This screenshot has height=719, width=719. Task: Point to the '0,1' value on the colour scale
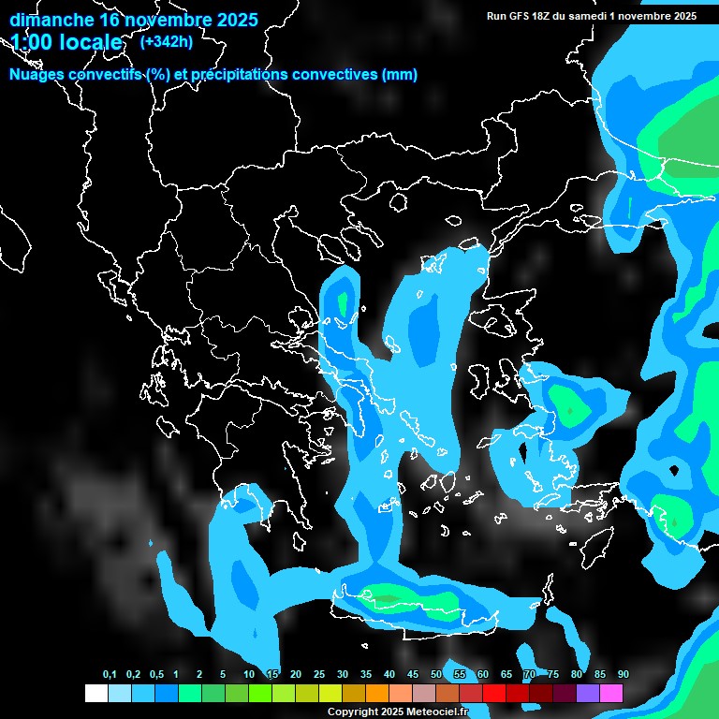click(x=110, y=675)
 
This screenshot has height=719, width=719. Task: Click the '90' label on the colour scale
click(x=624, y=675)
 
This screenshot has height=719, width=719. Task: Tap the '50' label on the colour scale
click(x=436, y=675)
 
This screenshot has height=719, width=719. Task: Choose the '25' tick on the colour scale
click(x=319, y=675)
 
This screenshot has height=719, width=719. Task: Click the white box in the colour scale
click(x=95, y=694)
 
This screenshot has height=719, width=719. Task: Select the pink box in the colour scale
click(x=610, y=694)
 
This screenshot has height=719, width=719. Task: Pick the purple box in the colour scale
click(x=587, y=694)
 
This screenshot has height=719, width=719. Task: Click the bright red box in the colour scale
click(x=493, y=694)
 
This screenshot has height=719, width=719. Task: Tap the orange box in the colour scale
click(x=376, y=694)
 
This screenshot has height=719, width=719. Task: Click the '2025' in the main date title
click(x=232, y=20)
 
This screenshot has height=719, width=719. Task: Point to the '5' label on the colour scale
click(x=223, y=675)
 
